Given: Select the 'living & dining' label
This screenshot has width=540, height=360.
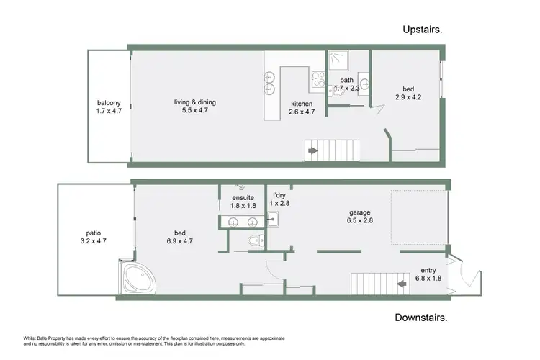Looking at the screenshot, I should pos(194,102).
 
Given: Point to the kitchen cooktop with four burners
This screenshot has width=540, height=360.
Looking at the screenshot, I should pos(318,77).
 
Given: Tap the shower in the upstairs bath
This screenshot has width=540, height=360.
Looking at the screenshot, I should pos(337,60).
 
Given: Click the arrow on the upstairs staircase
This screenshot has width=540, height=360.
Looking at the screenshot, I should pos(312,151).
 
